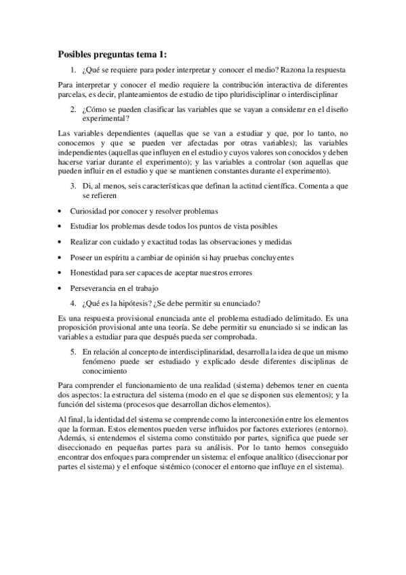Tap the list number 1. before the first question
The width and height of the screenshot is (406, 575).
[x=73, y=69]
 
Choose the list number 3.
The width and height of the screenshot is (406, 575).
[x=73, y=185]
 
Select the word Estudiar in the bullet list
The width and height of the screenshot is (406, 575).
[x=85, y=226]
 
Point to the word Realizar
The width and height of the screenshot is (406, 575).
[x=85, y=242]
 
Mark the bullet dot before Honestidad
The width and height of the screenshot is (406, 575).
[x=60, y=273]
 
